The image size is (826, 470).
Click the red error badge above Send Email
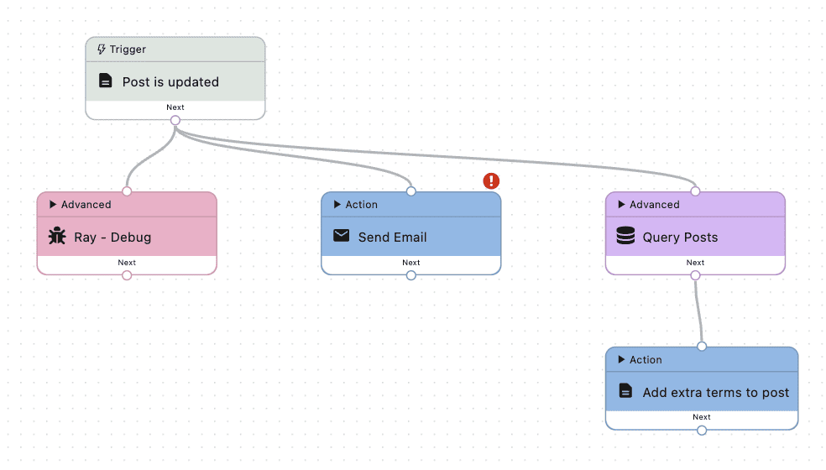[491, 180]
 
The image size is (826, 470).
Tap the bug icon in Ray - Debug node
[57, 237]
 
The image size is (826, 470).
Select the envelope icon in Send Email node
[341, 236]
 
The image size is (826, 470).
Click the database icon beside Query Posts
[625, 237]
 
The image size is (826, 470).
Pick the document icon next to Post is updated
[105, 81]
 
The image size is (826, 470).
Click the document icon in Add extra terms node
[625, 391]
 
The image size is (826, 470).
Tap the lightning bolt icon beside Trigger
[102, 50]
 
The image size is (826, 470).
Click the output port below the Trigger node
[175, 120]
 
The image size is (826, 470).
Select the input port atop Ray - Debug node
[127, 191]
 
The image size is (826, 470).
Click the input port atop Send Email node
[411, 191]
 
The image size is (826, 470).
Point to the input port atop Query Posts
[696, 191]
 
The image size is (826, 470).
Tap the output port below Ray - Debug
[127, 275]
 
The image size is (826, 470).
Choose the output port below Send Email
[411, 275]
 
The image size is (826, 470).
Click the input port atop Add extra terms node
[702, 346]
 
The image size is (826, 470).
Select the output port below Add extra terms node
[702, 431]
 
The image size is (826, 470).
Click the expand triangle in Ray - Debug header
[53, 204]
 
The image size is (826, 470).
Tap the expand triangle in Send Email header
[337, 204]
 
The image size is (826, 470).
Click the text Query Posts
[680, 237]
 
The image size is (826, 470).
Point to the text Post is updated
[170, 81]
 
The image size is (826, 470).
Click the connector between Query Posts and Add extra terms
[697, 311]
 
